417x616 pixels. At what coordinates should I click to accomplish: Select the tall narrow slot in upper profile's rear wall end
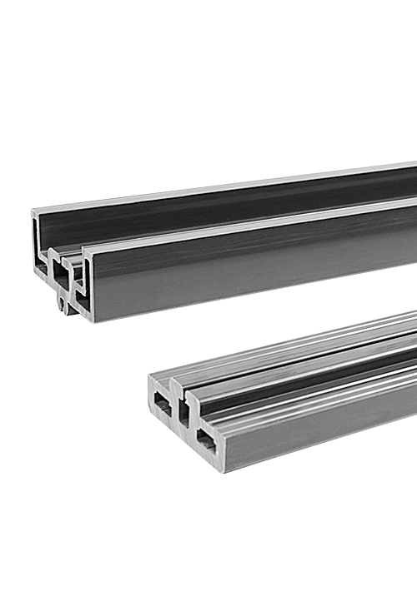[x=36, y=241]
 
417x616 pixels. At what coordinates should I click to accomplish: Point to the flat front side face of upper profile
[x=250, y=271]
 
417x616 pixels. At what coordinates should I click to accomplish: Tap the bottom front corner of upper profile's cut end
[x=93, y=320]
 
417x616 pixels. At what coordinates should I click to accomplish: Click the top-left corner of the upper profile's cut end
[x=33, y=211]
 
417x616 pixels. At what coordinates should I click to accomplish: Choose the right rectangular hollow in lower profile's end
[x=205, y=440]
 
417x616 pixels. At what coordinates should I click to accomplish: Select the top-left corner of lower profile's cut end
[x=151, y=376]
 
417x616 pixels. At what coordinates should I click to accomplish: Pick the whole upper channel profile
[x=225, y=241]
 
